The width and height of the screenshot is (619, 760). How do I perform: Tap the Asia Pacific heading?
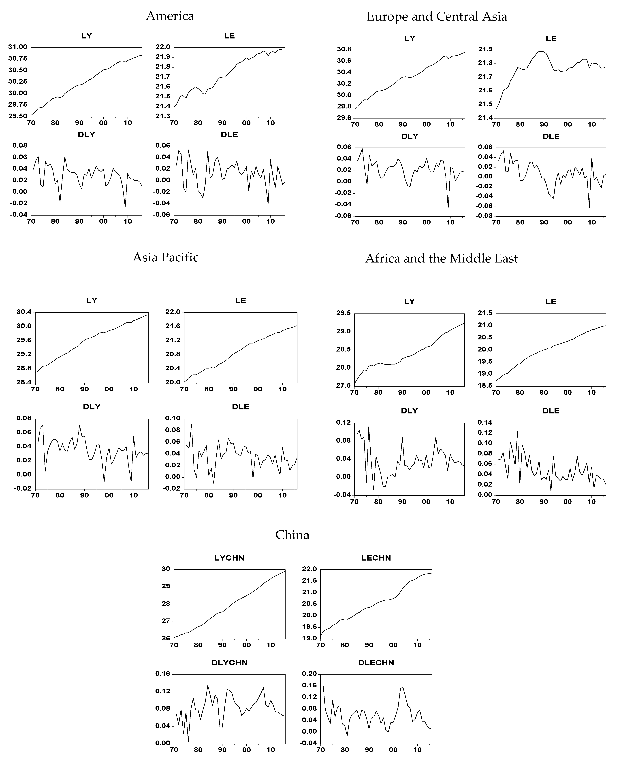[165, 257]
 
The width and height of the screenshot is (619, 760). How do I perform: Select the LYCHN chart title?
[229, 558]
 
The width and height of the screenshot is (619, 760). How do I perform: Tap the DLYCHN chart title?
[229, 663]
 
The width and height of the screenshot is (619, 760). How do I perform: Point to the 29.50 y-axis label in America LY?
[17, 116]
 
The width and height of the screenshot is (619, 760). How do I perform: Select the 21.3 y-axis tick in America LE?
[163, 116]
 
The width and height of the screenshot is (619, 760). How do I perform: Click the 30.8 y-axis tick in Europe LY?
[344, 50]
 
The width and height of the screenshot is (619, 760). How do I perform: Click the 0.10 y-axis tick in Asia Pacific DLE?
[173, 418]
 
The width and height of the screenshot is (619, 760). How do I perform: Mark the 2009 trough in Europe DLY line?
[448, 208]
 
